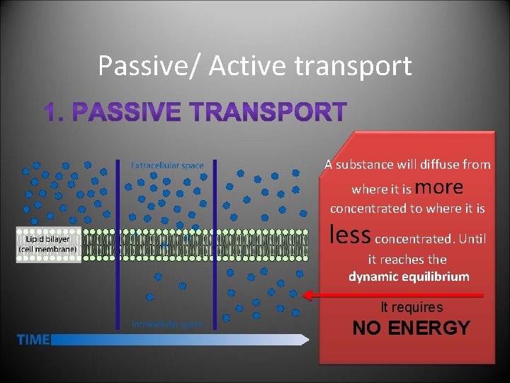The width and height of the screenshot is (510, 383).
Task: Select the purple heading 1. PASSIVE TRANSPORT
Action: coord(195,112)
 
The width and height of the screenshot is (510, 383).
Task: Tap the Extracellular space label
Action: coord(167,165)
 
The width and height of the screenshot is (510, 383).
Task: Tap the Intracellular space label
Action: coord(167,323)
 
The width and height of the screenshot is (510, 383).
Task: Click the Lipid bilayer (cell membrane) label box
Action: coord(47,245)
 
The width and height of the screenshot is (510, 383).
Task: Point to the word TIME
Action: coord(33,340)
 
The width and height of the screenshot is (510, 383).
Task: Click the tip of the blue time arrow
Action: coord(307,340)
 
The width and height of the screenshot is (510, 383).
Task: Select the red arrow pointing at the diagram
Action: coord(392,294)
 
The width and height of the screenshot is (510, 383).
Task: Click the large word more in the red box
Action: coord(441,187)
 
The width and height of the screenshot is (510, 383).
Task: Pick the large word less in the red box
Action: coord(351,234)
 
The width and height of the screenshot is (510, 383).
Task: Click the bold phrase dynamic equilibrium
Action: coord(409,277)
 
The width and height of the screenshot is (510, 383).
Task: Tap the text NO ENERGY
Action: coord(411,328)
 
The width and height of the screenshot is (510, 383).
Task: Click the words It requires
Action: coord(412,307)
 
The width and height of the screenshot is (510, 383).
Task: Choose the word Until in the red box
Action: coord(472,239)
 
